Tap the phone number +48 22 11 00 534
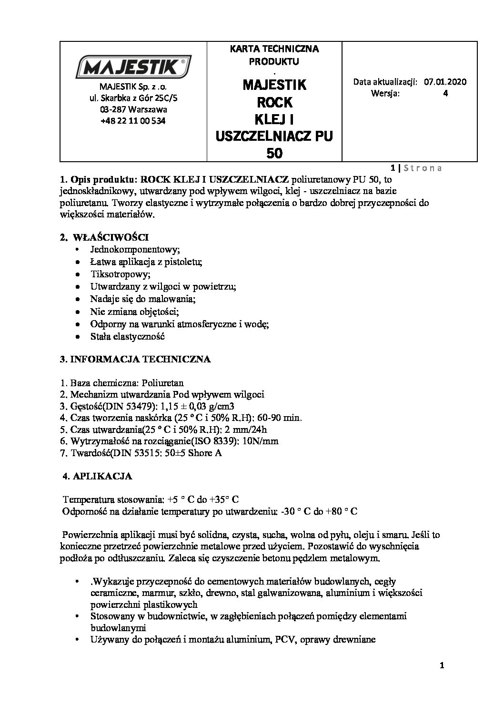pyautogui.click(x=133, y=121)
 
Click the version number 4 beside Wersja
pyautogui.click(x=445, y=93)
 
